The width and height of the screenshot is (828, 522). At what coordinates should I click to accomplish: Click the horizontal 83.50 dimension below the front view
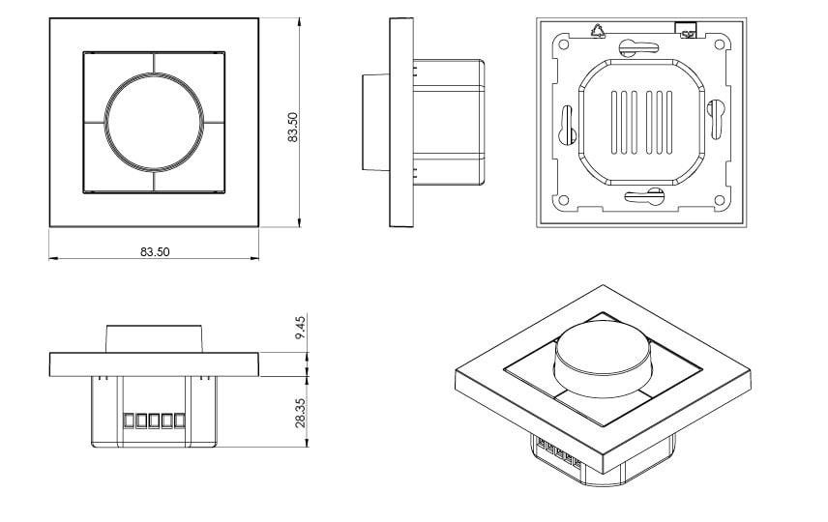point(155,252)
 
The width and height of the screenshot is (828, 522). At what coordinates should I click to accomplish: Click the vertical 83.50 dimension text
point(293,127)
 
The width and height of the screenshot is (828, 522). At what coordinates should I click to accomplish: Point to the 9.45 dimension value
point(301,328)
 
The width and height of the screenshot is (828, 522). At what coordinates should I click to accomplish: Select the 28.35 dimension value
point(301,413)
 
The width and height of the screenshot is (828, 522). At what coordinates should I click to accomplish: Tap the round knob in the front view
point(154,122)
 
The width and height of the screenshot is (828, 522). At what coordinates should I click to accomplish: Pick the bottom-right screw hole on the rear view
point(720,200)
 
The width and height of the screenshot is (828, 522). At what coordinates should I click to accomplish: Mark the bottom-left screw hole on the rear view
point(560,200)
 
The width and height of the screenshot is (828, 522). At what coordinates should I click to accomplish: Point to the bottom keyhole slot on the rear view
point(644,199)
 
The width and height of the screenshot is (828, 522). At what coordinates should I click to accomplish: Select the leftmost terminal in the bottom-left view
point(129,421)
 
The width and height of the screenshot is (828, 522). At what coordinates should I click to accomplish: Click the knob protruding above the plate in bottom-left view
point(155,339)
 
